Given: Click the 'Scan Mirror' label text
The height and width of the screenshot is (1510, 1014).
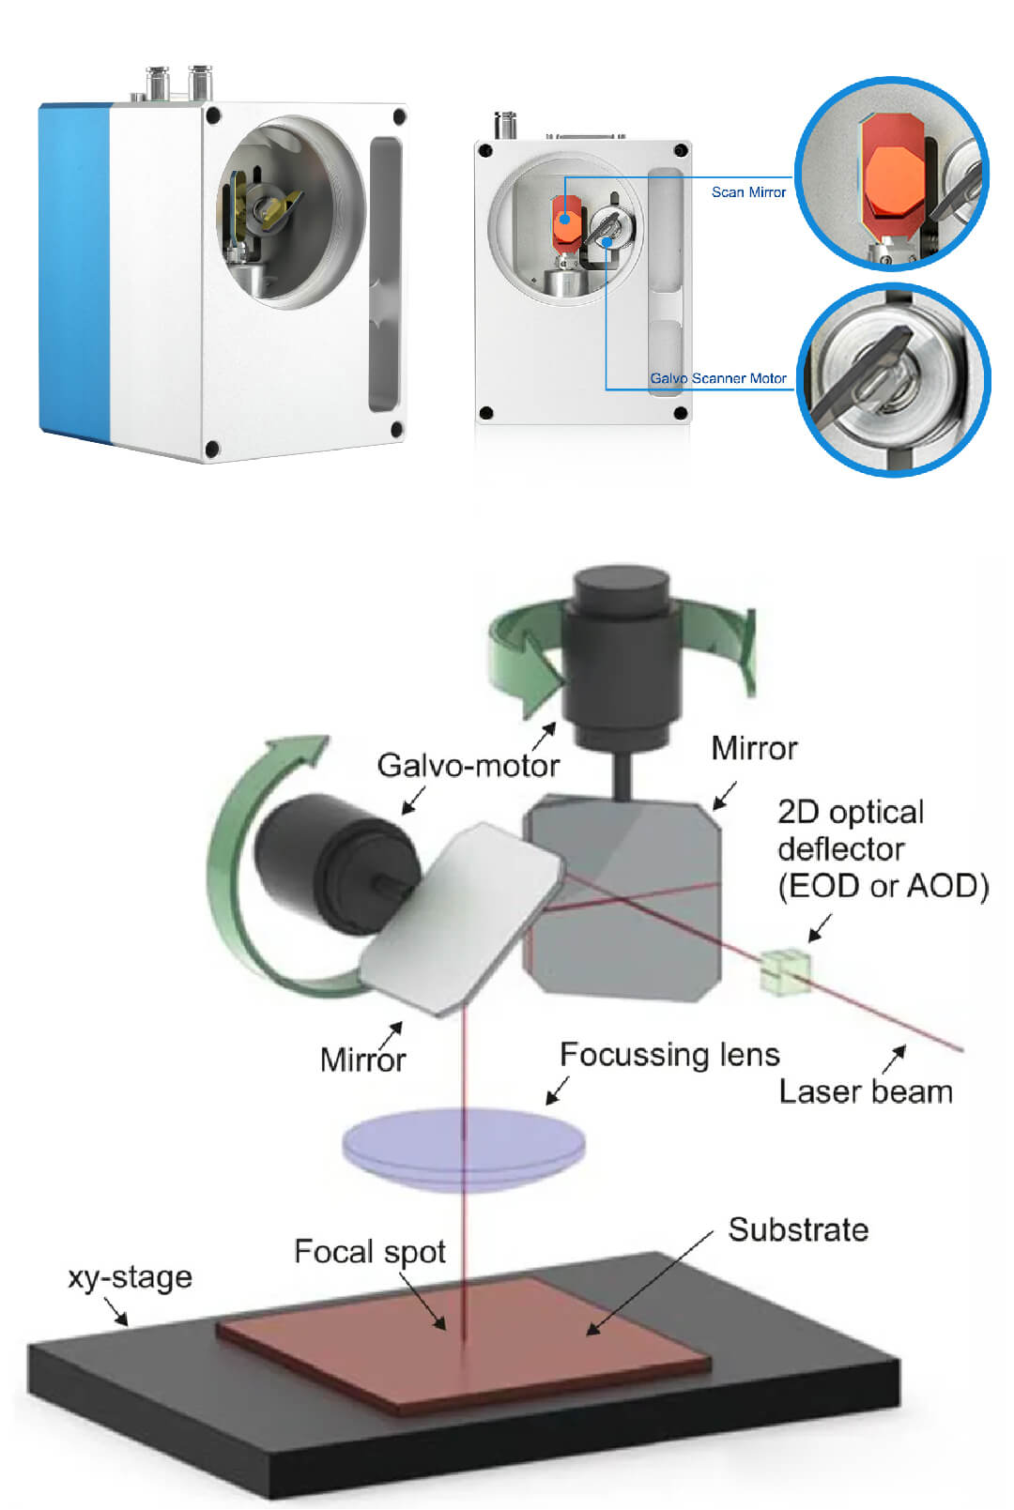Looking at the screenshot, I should pos(747,192).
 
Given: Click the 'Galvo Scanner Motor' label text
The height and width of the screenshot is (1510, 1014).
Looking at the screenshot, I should pos(718,378).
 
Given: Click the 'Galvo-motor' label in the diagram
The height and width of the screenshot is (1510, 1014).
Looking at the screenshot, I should pos(468,766).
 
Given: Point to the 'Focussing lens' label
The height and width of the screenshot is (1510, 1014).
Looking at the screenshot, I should pos(669,1055).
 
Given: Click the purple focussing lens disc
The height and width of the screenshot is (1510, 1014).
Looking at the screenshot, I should pos(464,1147).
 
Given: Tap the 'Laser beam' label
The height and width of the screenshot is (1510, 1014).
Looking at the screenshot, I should pos(865,1091).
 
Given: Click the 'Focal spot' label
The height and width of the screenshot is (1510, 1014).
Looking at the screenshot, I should pos(369,1252).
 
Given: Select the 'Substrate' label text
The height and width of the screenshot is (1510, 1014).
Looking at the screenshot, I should pos(798,1229).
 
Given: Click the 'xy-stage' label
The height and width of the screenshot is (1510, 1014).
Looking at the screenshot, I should pos(130,1277).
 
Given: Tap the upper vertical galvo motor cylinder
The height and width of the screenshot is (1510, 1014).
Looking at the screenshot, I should pos(620,657).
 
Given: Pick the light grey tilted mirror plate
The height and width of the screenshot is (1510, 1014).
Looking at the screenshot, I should pos(460,915).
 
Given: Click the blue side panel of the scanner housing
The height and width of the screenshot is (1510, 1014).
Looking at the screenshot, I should pos(73,272).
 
